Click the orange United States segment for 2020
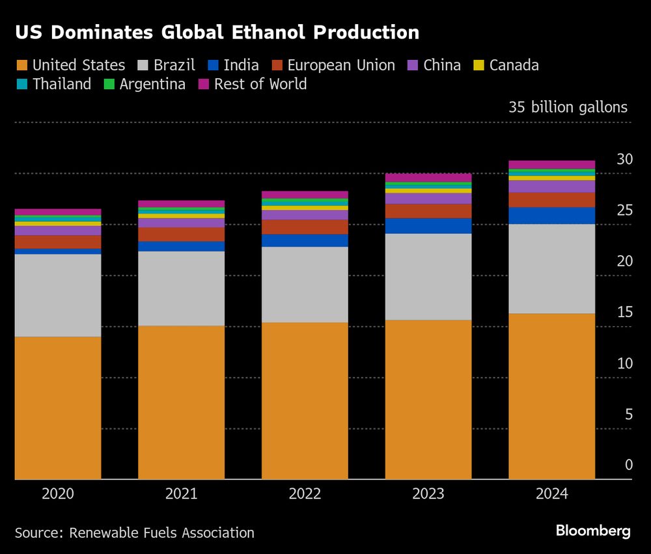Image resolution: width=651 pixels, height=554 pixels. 58,408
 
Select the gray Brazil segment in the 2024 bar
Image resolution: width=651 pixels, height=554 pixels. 551,269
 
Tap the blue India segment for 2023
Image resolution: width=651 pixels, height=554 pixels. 428,226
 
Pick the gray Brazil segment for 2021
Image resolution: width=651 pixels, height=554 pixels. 181,288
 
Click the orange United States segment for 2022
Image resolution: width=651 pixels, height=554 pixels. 305,400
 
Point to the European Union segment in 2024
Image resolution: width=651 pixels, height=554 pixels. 551,200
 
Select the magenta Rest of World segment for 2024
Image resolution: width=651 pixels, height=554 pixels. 551,165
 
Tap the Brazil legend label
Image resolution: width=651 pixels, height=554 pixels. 174,66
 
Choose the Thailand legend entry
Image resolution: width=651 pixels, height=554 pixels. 62,85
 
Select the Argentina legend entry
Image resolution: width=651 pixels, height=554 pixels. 152,85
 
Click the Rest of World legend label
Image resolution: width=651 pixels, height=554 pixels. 260,85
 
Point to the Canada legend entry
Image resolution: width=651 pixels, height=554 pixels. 514,66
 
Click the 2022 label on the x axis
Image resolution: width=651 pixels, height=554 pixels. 305,494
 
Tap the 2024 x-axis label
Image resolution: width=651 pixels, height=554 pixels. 551,494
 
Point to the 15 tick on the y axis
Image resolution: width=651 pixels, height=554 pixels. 624,312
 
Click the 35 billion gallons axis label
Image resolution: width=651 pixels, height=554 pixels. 568,107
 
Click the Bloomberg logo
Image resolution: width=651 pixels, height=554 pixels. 593,531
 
